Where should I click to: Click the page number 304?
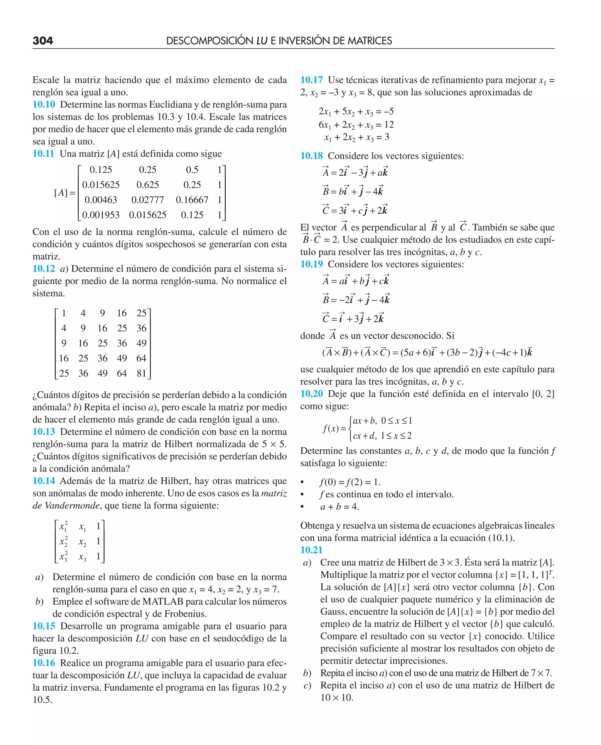pyautogui.click(x=43, y=41)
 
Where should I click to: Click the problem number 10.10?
pyautogui.click(x=44, y=105)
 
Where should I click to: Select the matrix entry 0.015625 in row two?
pyautogui.click(x=100, y=185)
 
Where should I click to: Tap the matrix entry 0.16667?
pyautogui.click(x=192, y=200)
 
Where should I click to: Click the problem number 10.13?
pyautogui.click(x=44, y=432)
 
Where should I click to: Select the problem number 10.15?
pyautogui.click(x=44, y=626)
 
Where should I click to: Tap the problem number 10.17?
pyautogui.click(x=311, y=80)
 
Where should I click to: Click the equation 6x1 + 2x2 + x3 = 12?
pyautogui.click(x=356, y=125)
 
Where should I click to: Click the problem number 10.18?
pyautogui.click(x=311, y=156)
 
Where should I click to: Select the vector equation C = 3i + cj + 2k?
pyautogui.click(x=355, y=210)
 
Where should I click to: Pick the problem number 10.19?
pyautogui.click(x=311, y=264)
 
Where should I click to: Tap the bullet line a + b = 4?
pyautogui.click(x=339, y=507)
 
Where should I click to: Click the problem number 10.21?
pyautogui.click(x=311, y=550)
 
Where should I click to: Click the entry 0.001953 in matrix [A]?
pyautogui.click(x=100, y=215)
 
